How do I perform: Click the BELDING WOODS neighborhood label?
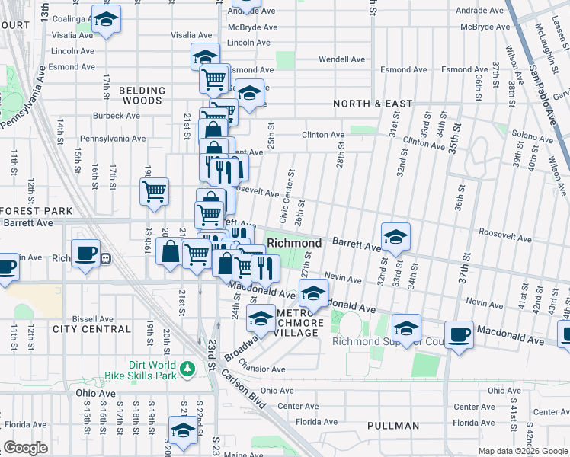pos(141,95)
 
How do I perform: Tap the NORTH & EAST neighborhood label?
pos(373,104)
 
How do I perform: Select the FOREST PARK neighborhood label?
pos(36,211)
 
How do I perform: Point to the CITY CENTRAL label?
pos(92,329)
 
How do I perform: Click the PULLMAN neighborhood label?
pos(392,426)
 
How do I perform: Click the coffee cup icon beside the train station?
pos(85,253)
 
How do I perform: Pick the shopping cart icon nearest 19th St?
pos(155,191)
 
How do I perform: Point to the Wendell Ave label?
pos(341,59)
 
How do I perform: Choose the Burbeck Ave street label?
pos(117,117)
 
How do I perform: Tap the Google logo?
pos(25,448)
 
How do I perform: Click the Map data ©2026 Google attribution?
pos(522,451)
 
